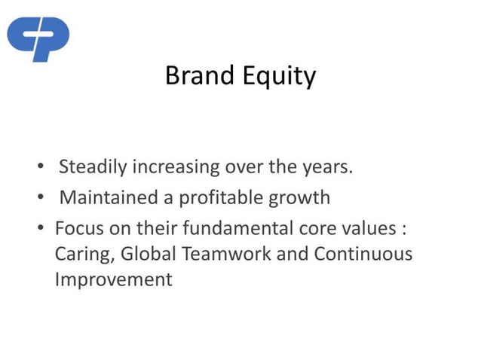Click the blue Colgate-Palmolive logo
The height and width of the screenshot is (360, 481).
[38, 38]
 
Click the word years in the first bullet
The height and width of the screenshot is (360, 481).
[327, 167]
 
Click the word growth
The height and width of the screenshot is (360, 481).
[300, 199]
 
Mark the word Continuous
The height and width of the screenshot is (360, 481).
[363, 254]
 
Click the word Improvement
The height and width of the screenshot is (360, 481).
[114, 280]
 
